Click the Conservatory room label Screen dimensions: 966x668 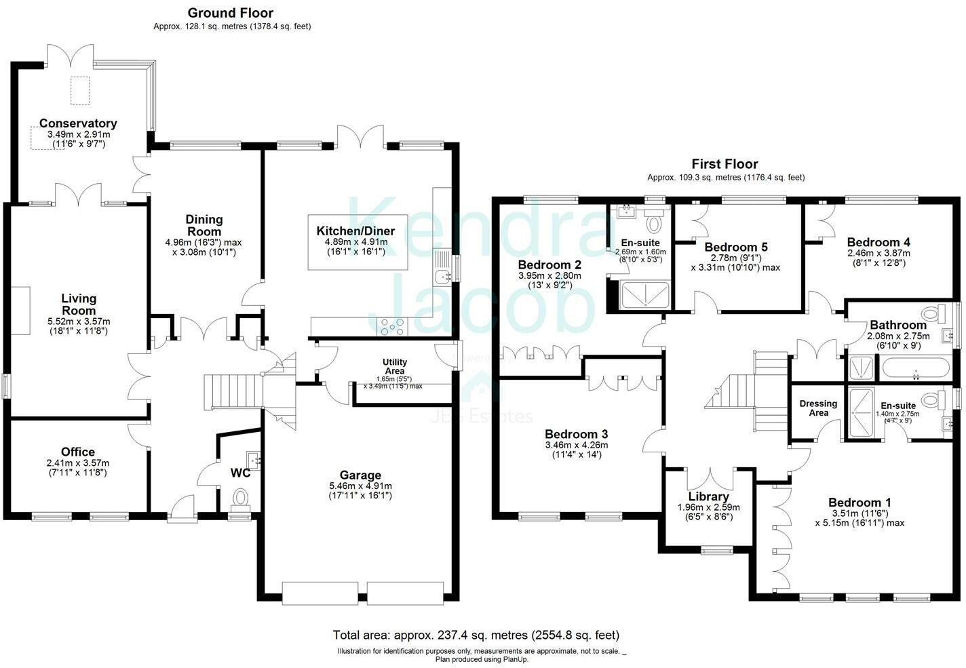coord(78,123)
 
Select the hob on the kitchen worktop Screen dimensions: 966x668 coord(392,326)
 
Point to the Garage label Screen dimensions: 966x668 coord(360,475)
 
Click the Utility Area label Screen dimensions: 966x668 coord(395,366)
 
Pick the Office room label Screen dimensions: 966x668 coord(77,452)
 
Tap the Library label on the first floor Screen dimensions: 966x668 coord(708,496)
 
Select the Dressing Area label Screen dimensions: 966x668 coord(818,408)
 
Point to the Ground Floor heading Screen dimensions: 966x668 coord(230,13)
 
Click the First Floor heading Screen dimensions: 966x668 coord(724,164)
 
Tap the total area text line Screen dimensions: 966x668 coord(476,635)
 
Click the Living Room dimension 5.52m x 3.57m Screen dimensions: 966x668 coord(79,321)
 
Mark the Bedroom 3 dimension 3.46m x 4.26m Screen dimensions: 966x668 coord(577,445)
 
